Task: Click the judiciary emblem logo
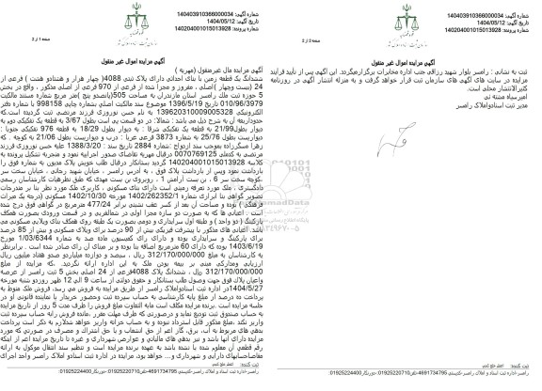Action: coord(271,20)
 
